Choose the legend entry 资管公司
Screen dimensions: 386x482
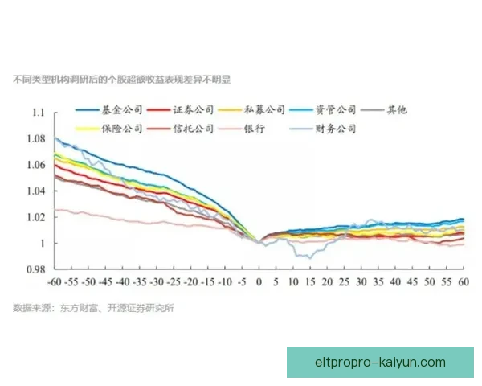336,110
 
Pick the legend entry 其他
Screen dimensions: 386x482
398,110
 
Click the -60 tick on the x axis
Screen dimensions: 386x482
55,283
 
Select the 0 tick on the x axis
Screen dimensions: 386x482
259,283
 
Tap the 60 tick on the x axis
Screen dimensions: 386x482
464,283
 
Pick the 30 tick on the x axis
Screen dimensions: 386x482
361,283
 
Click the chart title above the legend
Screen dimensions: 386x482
121,80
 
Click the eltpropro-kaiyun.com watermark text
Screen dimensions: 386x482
380,362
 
